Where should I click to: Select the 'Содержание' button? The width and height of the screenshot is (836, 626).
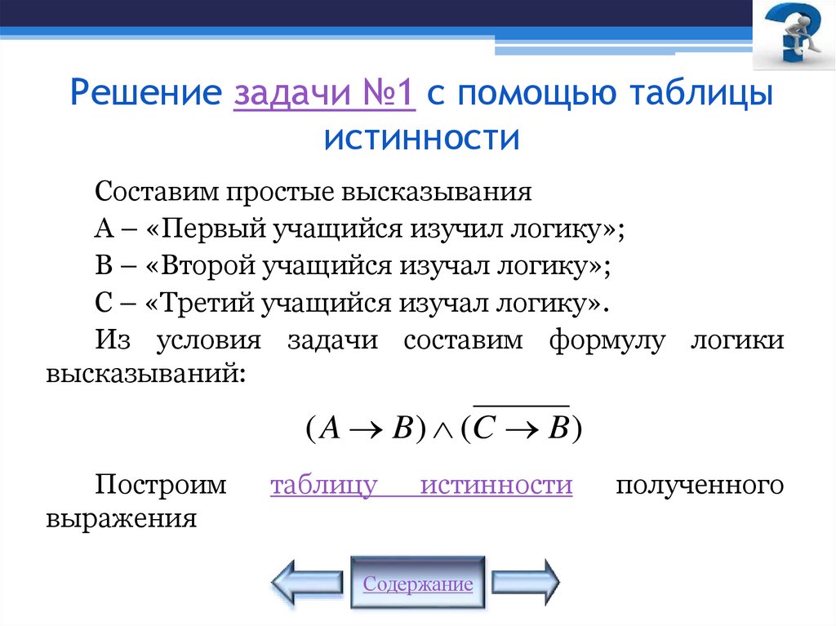pyautogui.click(x=418, y=584)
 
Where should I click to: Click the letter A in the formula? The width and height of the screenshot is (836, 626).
pyautogui.click(x=328, y=430)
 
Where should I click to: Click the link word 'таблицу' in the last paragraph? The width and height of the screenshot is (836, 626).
pyautogui.click(x=323, y=485)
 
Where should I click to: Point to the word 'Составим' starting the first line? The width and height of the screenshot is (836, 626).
pyautogui.click(x=155, y=193)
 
